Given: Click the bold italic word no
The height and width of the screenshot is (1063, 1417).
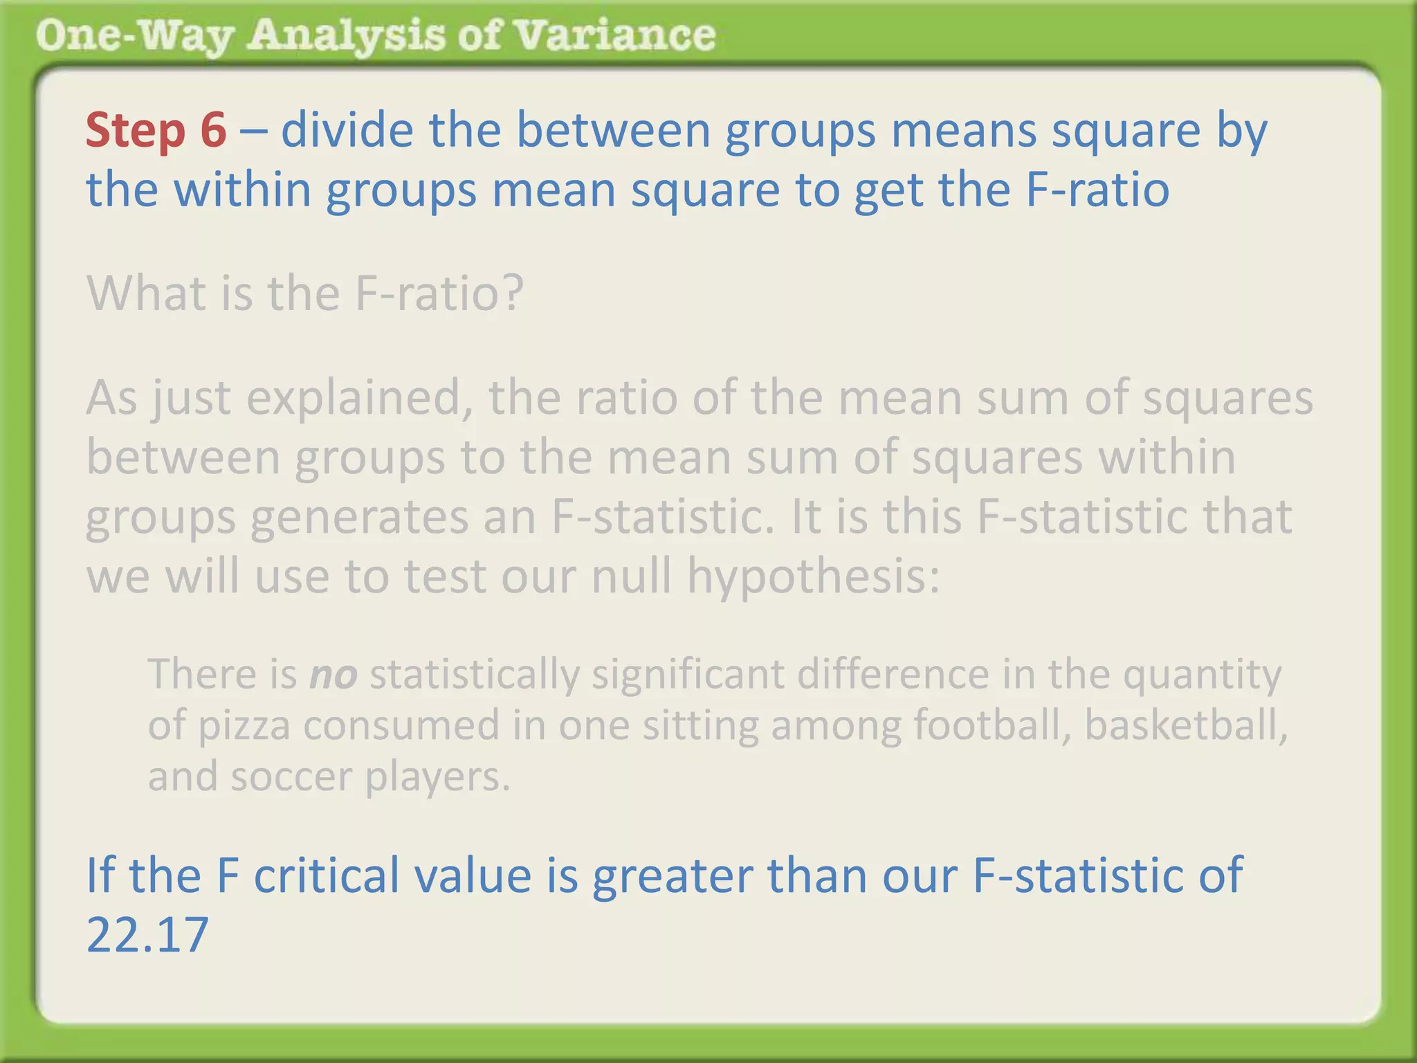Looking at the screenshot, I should point(333,674).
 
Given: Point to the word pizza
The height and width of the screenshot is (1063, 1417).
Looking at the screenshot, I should point(244,726).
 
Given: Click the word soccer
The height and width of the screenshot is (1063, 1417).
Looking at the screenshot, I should point(291,776).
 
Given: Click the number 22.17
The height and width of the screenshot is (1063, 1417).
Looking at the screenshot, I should point(147,934).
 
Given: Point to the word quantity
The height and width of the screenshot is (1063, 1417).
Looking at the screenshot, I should point(1202,675).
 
